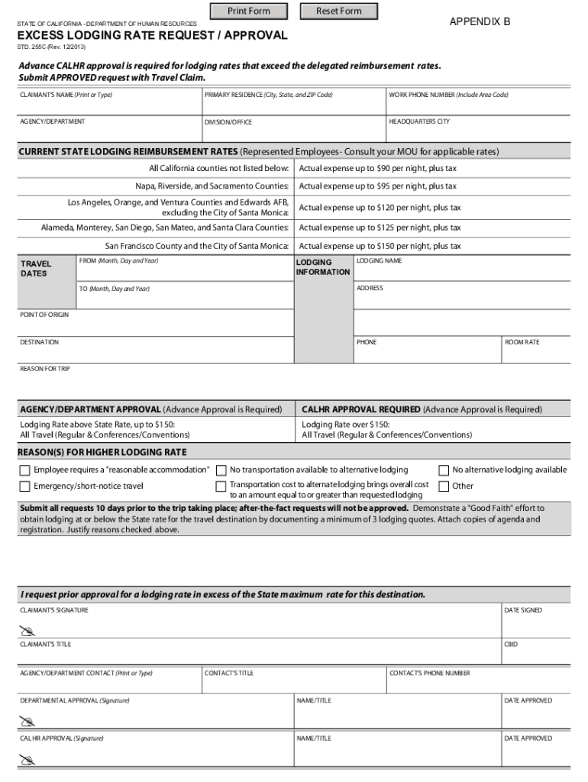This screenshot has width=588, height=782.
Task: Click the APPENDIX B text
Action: pyautogui.click(x=480, y=22)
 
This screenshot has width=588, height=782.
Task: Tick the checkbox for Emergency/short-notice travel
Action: pyautogui.click(x=25, y=486)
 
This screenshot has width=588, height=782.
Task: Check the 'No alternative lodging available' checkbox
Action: pyautogui.click(x=443, y=470)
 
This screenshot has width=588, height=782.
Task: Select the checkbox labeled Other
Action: pyautogui.click(x=443, y=486)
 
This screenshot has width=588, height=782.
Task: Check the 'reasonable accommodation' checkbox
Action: pyautogui.click(x=25, y=470)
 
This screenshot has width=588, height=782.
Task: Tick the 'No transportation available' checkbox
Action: pyautogui.click(x=221, y=470)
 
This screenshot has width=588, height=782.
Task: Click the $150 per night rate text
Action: pyautogui.click(x=380, y=247)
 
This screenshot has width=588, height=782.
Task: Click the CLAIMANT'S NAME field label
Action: pyautogui.click(x=66, y=95)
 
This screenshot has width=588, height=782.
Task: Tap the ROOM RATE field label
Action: pyautogui.click(x=522, y=342)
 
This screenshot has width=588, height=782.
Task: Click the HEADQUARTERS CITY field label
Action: pyautogui.click(x=419, y=121)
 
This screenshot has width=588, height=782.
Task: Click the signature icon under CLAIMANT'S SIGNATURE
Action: pyautogui.click(x=27, y=630)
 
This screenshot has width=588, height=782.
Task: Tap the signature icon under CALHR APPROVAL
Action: pyautogui.click(x=27, y=759)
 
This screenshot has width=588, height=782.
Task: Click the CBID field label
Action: pyautogui.click(x=511, y=645)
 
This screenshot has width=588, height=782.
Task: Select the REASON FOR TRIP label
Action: pyautogui.click(x=44, y=369)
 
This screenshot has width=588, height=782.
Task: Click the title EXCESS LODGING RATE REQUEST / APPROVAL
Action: pyautogui.click(x=153, y=36)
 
